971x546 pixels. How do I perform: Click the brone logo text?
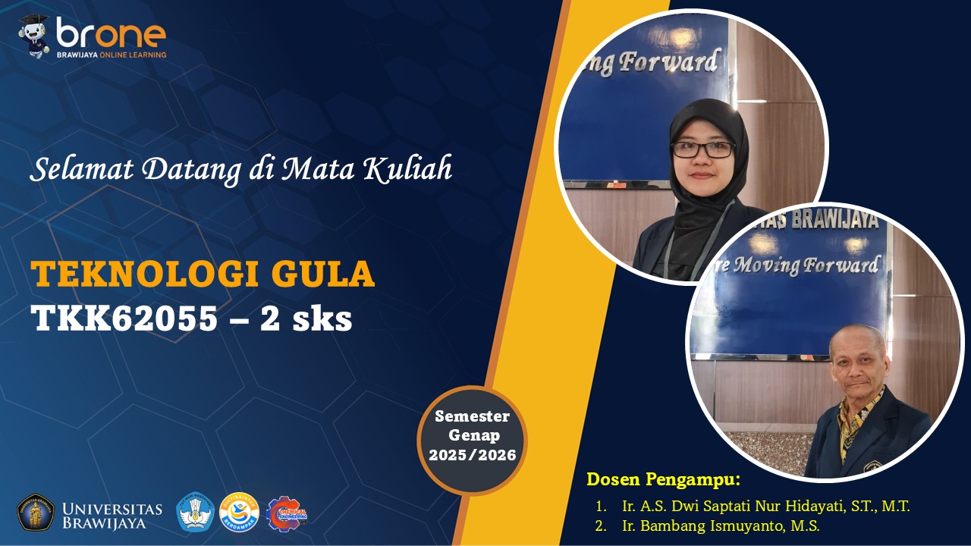[111, 33]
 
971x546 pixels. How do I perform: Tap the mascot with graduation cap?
[34, 36]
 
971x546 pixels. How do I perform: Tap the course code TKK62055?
[124, 319]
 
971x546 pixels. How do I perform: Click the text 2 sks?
[306, 319]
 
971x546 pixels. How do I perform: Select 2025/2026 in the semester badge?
[472, 455]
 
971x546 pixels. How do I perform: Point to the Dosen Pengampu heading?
[663, 479]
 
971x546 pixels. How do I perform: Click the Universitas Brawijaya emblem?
[36, 513]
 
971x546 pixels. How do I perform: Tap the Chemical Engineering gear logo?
[286, 513]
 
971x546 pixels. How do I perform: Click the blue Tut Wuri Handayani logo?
[195, 513]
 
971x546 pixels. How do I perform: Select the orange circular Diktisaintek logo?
[239, 513]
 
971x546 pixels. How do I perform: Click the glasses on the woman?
[702, 149]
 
